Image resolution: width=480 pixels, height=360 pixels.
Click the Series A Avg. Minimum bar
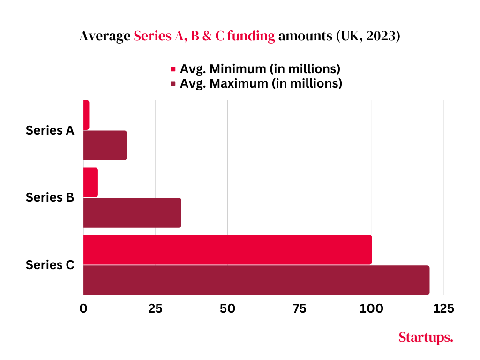click(x=86, y=115)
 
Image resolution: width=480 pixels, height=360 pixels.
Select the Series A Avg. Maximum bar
click(x=105, y=145)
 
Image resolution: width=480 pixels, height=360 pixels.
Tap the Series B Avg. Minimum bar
click(x=90, y=182)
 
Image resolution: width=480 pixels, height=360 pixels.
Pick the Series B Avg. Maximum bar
click(x=132, y=212)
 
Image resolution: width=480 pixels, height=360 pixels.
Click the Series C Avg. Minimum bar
click(x=227, y=249)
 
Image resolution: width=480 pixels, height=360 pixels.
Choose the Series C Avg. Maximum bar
click(x=256, y=280)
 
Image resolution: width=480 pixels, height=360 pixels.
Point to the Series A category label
click(x=50, y=130)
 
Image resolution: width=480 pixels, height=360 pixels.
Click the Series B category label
click(x=50, y=197)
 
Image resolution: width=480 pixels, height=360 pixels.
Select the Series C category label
click(x=50, y=265)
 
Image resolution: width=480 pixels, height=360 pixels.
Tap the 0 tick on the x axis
click(x=83, y=308)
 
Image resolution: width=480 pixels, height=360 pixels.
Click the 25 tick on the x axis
click(x=156, y=308)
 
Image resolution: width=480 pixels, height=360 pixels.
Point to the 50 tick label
click(x=227, y=308)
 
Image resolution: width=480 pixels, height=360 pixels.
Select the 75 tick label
click(x=300, y=308)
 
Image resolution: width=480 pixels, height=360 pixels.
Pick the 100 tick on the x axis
click(x=372, y=308)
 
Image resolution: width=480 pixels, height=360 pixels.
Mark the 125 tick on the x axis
click(x=443, y=308)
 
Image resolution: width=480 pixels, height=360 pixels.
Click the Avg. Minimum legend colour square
click(x=173, y=69)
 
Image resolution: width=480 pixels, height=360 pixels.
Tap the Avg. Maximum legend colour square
click(x=173, y=84)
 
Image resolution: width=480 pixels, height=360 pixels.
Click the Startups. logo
click(x=426, y=337)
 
